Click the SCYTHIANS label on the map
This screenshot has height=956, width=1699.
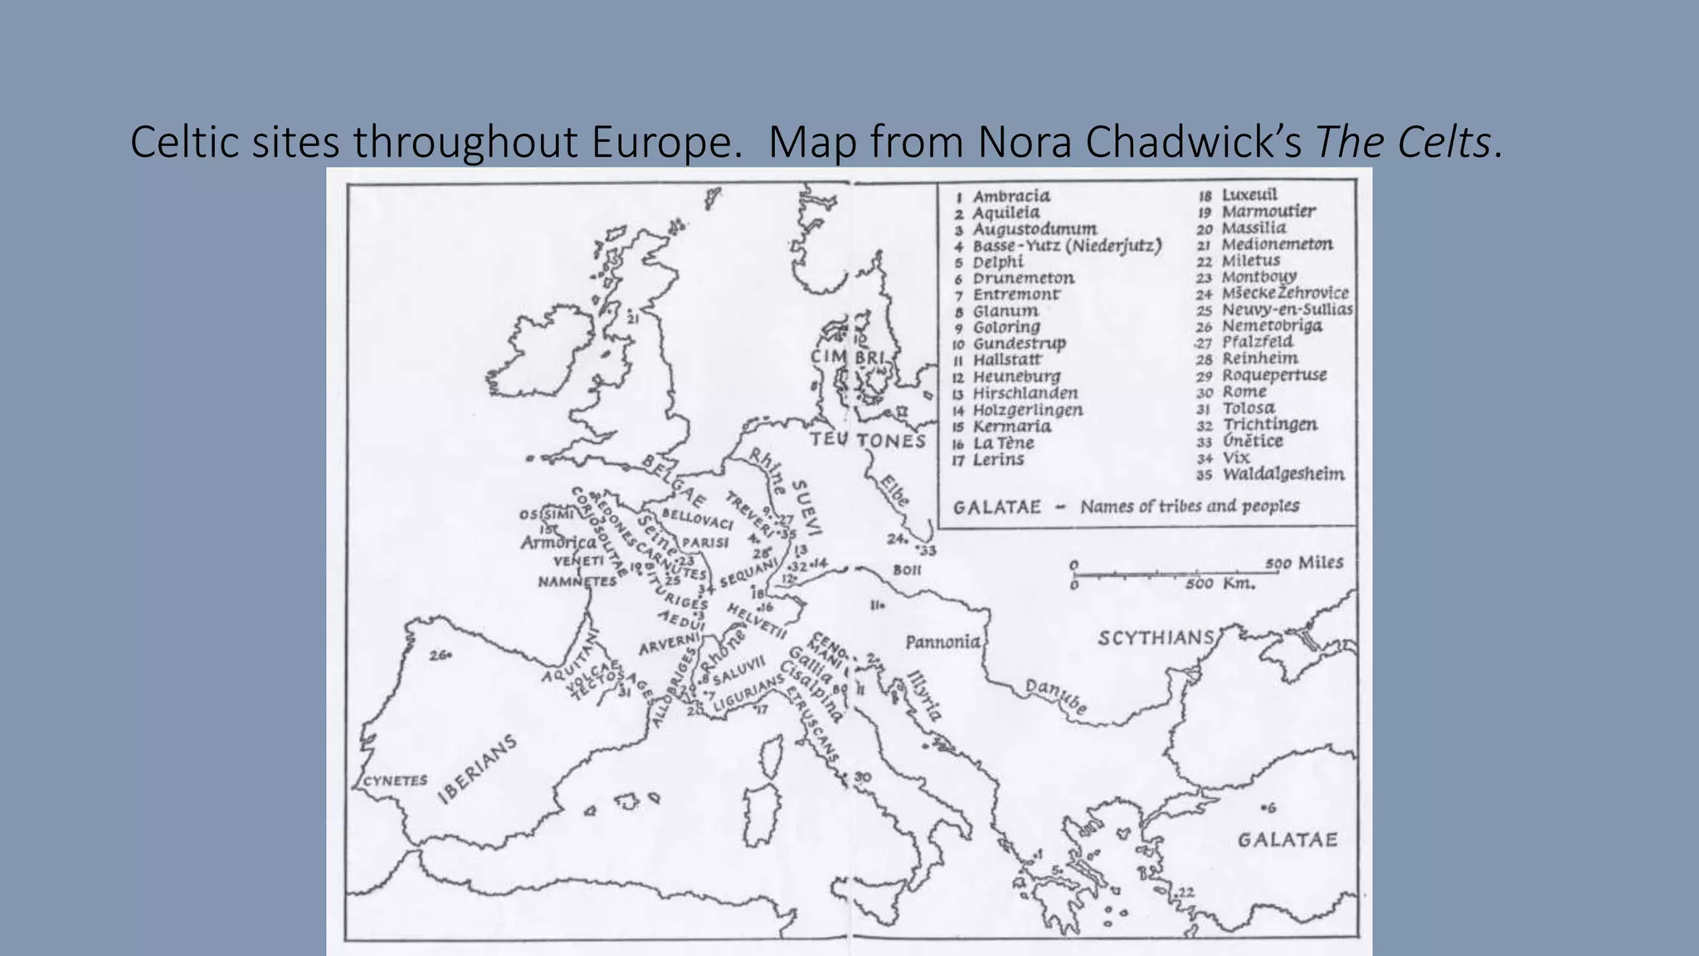[x=1156, y=638]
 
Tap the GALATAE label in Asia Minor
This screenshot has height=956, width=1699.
[x=1288, y=840]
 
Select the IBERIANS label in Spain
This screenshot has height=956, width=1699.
[x=477, y=769]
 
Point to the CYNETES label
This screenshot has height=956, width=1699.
[x=396, y=780]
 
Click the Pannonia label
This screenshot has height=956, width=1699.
[x=942, y=641]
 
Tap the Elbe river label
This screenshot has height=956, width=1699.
[x=895, y=490]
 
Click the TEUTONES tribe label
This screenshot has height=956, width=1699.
[x=868, y=440]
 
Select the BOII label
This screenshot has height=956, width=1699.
[x=907, y=570]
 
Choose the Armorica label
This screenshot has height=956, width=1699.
[x=558, y=543]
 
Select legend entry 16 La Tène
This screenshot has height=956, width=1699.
[x=1003, y=443]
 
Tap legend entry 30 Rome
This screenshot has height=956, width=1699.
[x=1244, y=392]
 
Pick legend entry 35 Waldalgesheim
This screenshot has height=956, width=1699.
[x=1283, y=475]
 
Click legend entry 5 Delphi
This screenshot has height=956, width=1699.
[x=998, y=261]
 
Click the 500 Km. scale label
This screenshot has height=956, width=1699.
[x=1219, y=583]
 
